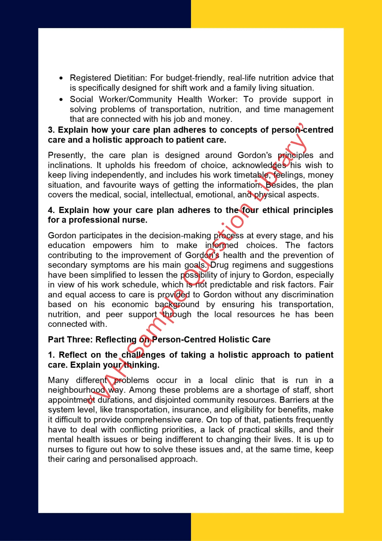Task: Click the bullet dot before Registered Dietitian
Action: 61,78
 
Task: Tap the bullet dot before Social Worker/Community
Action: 61,100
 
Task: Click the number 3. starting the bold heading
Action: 51,130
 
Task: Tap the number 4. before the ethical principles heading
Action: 51,210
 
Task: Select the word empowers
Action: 112,245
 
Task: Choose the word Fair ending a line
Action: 326,285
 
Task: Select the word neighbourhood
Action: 76,390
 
